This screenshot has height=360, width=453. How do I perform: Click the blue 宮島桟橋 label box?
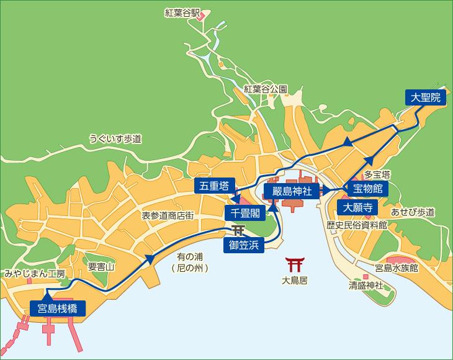(x=57, y=307)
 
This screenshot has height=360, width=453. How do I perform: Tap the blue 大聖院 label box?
(x=426, y=97)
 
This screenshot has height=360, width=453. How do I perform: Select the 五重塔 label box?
(x=213, y=186)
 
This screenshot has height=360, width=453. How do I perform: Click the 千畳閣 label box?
(x=245, y=213)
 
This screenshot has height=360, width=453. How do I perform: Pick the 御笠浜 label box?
(x=243, y=245)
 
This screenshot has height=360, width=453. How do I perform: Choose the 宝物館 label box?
(x=367, y=188)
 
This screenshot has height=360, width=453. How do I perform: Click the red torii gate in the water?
(x=294, y=265)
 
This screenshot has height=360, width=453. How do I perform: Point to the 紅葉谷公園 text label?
(x=265, y=89)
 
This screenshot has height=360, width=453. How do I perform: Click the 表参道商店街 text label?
(x=168, y=215)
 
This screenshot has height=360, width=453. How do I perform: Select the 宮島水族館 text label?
(x=397, y=268)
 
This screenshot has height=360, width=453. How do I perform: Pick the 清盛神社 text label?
(x=366, y=286)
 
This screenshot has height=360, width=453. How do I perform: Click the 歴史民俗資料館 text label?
(x=357, y=225)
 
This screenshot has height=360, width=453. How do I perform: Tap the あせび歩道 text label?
(x=413, y=212)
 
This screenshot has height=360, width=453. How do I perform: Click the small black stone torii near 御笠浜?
(x=237, y=232)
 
